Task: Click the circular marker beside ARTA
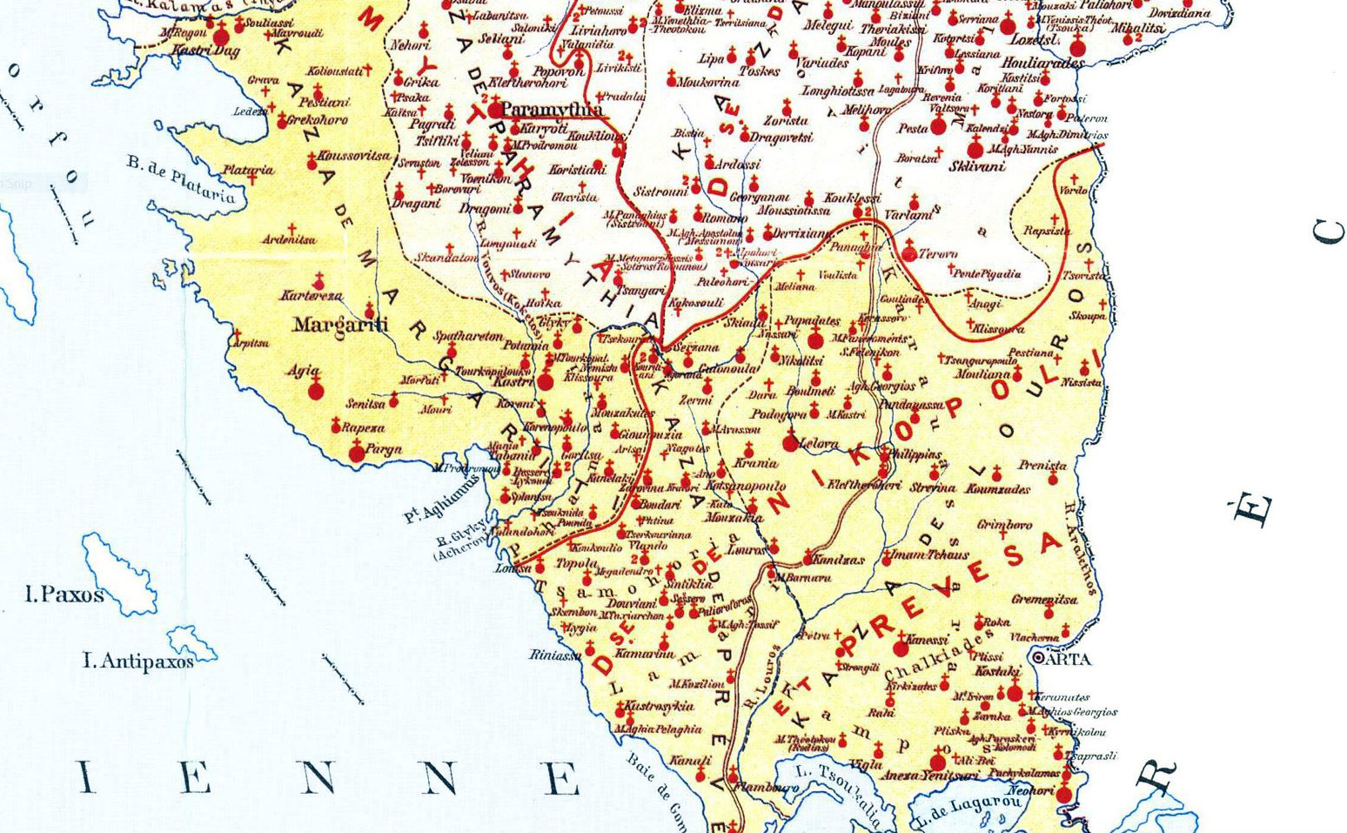click(1037, 658)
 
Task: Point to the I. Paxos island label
click(64, 595)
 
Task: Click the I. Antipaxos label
click(137, 662)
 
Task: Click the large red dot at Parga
click(356, 454)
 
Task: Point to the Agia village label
click(304, 371)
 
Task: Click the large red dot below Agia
click(315, 392)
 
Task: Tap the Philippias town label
click(913, 454)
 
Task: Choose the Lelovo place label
click(818, 443)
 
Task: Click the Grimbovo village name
click(1004, 525)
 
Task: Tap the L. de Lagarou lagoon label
click(964, 809)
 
